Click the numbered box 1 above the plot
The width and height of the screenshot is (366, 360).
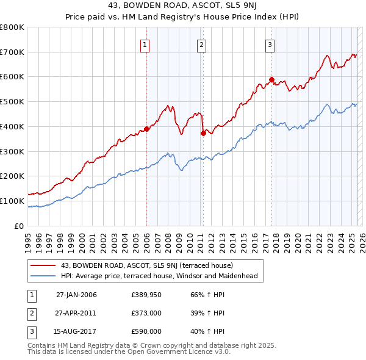coord(145,44)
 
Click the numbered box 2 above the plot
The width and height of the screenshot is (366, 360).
coord(201,44)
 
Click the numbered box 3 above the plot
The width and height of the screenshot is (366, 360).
coord(270,44)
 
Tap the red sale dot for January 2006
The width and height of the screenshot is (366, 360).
coord(146,129)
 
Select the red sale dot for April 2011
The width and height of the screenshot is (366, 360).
coord(203,133)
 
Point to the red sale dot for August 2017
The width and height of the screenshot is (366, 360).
coord(271,79)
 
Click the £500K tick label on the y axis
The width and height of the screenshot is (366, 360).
coord(12,102)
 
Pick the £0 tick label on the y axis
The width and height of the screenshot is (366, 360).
coord(20,226)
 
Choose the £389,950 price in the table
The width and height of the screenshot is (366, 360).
coord(146,295)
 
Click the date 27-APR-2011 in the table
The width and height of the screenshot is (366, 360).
coord(76,313)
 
